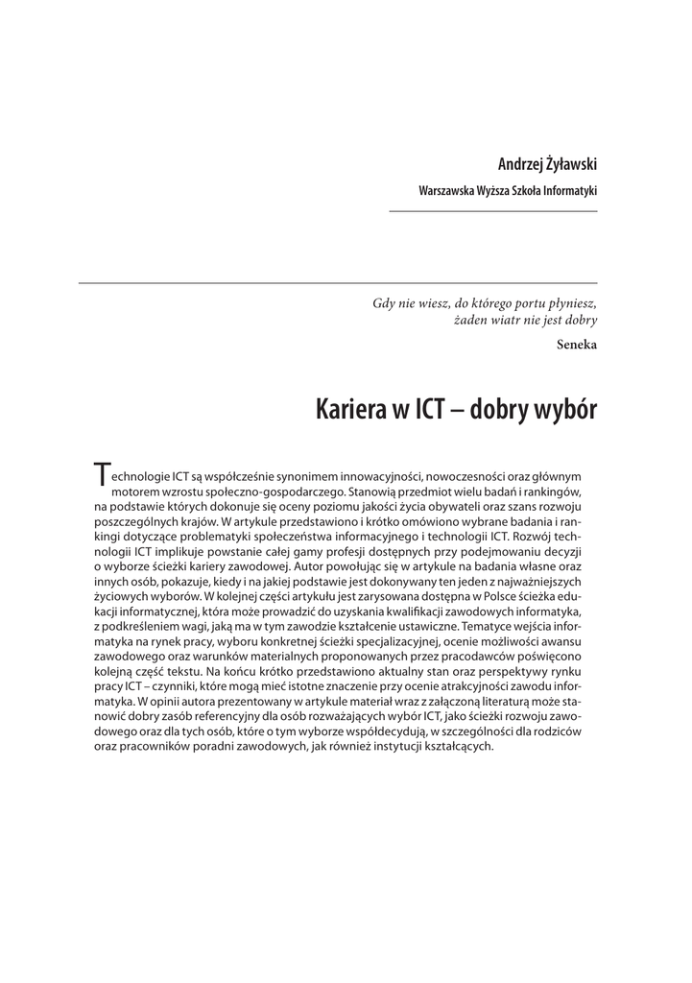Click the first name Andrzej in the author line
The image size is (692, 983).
tap(519, 165)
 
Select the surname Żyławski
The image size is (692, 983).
tap(572, 165)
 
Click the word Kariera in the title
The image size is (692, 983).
tap(348, 411)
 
